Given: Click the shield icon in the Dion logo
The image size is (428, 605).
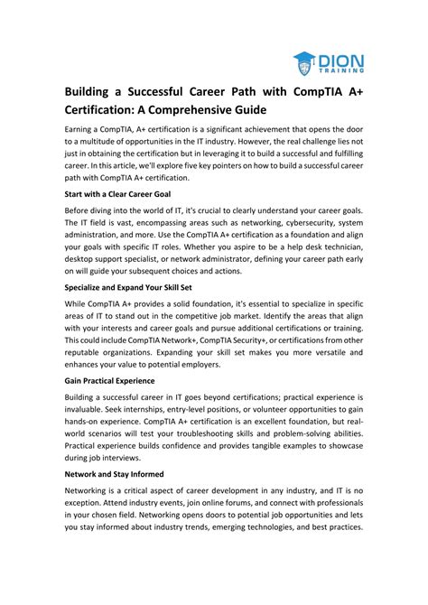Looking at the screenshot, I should (x=304, y=62).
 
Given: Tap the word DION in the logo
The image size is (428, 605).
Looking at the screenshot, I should (x=339, y=56).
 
